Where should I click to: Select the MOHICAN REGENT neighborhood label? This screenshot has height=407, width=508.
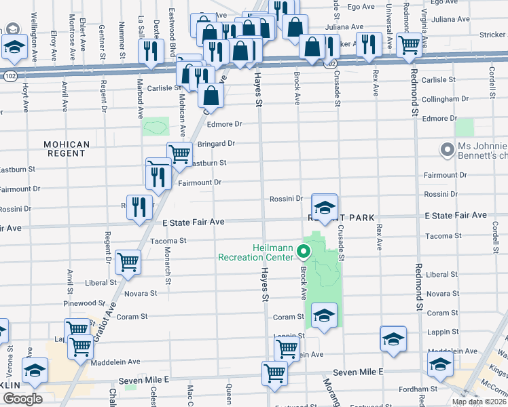tap(66, 149)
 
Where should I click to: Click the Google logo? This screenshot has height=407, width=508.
tap(22, 398)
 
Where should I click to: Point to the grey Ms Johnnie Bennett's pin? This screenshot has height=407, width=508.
tap(447, 149)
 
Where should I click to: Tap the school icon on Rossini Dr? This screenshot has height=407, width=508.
tap(325, 208)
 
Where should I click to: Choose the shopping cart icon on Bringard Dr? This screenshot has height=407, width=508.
tap(179, 154)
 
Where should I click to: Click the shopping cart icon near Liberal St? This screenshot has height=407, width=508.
tap(128, 262)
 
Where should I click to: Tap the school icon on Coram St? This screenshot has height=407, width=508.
tap(324, 316)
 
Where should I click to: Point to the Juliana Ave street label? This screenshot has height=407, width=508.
tap(341, 26)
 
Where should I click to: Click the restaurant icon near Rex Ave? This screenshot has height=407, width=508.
tap(368, 45)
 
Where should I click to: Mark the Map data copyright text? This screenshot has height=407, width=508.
tap(479, 402)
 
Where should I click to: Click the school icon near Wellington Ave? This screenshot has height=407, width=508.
tap(14, 48)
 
